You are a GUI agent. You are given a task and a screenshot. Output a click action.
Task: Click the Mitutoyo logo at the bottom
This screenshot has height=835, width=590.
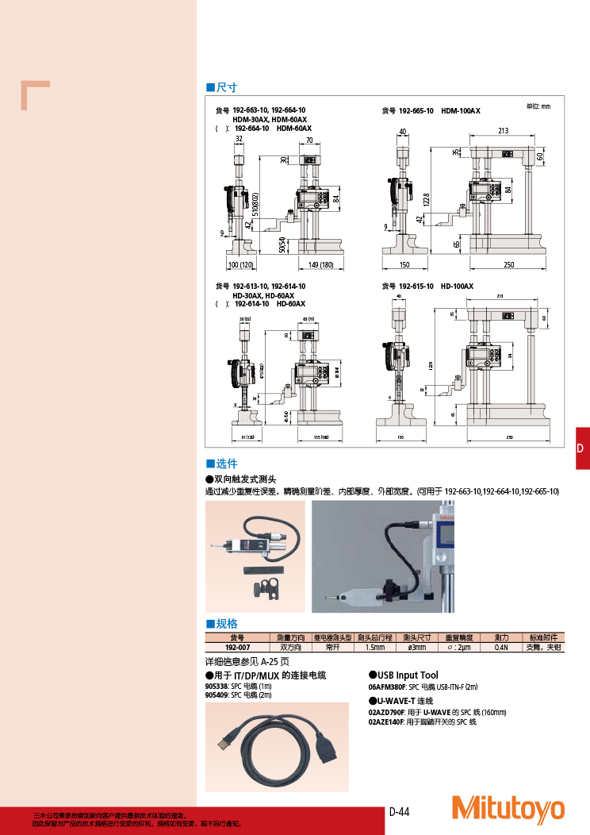point(508,808)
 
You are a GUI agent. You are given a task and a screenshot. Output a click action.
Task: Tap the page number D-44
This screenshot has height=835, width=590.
point(399,811)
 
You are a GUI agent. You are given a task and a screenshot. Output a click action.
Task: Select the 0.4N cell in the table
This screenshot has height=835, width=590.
point(501,648)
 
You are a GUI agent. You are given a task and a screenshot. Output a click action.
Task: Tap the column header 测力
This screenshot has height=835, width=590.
point(501,637)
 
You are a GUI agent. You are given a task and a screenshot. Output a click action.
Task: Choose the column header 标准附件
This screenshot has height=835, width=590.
point(544,637)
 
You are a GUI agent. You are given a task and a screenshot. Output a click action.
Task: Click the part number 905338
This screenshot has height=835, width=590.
point(216,685)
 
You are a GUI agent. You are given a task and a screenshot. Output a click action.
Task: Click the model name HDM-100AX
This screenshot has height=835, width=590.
point(461,111)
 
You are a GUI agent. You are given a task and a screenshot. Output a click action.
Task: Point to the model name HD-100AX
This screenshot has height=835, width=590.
point(457,286)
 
